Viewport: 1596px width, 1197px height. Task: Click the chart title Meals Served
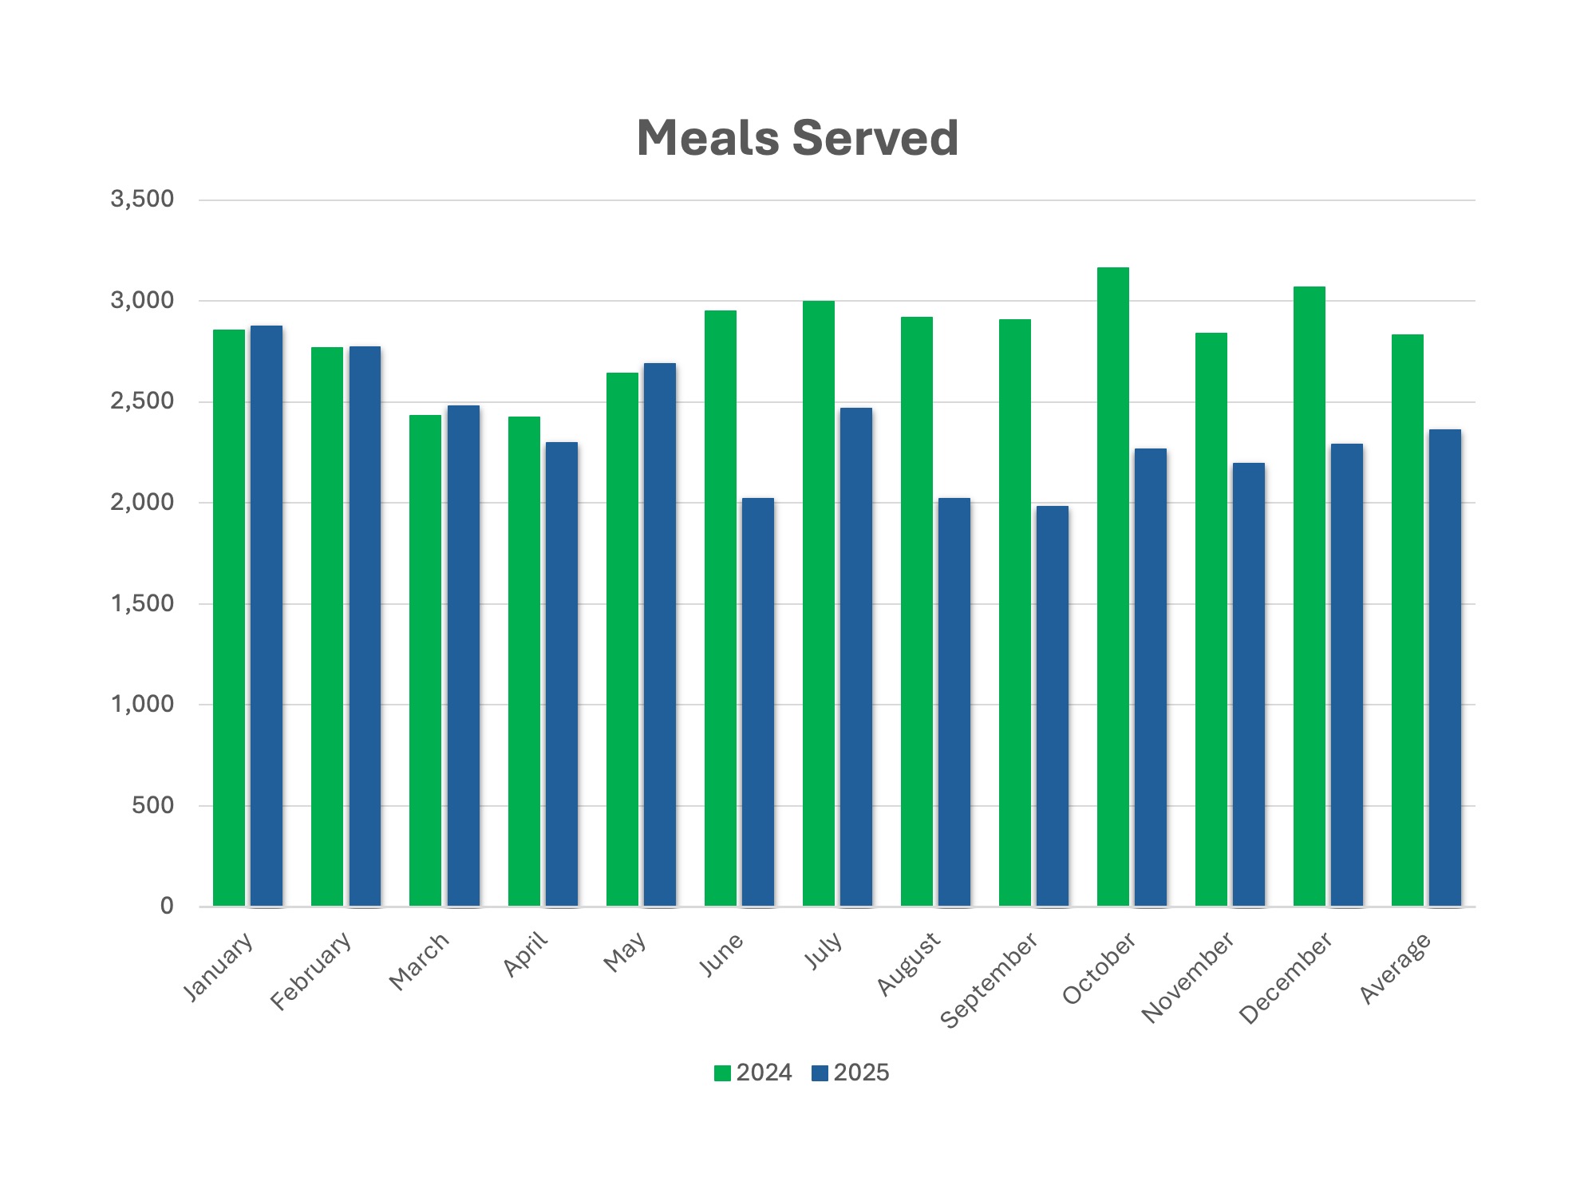797,138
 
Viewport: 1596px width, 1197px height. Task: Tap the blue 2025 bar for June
758,702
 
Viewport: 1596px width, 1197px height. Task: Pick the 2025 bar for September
1052,706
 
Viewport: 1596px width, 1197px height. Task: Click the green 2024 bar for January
229,618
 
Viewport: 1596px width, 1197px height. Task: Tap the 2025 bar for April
562,674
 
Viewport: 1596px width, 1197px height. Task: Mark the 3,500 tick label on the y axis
142,199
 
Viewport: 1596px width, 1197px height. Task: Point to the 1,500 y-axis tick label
142,604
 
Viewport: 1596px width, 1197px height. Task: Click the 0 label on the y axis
167,907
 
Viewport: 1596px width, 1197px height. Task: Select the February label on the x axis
311,970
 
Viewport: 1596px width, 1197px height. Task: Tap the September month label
990,980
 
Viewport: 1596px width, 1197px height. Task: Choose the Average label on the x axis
1395,968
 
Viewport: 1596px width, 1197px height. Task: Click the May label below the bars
624,953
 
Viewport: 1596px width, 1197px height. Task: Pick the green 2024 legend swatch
722,1073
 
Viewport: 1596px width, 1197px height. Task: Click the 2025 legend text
861,1073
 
